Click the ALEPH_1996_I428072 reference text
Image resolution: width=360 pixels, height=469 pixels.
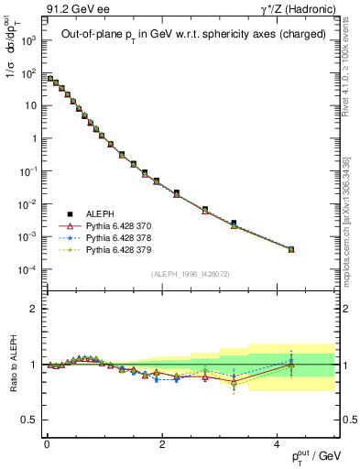(x=191, y=274)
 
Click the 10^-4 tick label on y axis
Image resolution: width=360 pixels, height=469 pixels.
(x=28, y=269)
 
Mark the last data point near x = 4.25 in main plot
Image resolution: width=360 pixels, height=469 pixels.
(x=291, y=249)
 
